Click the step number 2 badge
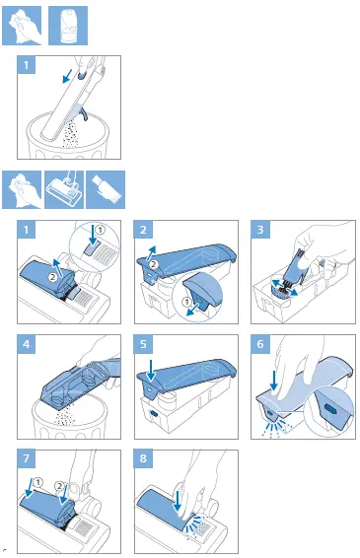143,230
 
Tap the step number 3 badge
260,230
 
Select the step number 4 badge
27,344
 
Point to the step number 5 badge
143,344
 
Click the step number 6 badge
260,344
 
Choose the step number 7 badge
27,458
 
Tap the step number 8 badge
143,458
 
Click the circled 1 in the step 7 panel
37,482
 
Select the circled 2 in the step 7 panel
59,486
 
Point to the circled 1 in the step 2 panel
186,302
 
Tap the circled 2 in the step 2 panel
153,264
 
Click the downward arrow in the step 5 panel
151,370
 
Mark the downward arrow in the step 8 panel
177,502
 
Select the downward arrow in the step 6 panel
274,382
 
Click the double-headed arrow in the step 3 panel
285,288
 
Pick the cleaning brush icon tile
106,189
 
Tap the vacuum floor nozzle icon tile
64,189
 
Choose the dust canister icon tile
68,26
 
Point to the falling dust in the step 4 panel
66,416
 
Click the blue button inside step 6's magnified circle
330,408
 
